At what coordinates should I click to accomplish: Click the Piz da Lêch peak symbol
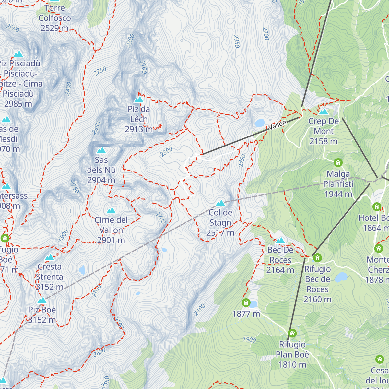[x=139, y=100]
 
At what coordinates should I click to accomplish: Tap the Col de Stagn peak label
[x=220, y=222]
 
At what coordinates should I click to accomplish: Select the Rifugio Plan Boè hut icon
[x=292, y=333]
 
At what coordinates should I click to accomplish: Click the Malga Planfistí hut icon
[x=338, y=162]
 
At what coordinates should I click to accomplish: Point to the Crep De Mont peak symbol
[x=324, y=112]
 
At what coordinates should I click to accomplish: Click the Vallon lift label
[x=277, y=125]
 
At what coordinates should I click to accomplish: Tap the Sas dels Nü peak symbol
[x=101, y=150]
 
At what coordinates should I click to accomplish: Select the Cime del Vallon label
[x=111, y=230]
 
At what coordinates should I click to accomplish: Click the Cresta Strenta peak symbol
[x=50, y=257]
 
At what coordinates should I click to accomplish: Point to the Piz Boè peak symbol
[x=42, y=301]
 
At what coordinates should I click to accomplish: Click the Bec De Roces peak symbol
[x=280, y=241]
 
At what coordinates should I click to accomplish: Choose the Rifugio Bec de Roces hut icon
[x=317, y=258]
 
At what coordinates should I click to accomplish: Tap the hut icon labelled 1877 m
[x=246, y=303]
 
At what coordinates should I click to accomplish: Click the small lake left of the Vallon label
[x=260, y=123]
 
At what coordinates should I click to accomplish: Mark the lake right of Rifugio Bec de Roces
[x=341, y=277]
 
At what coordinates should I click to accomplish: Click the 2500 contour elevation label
[x=166, y=152]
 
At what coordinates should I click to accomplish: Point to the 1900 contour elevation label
[x=249, y=339]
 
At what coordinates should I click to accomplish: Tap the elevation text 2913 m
[x=139, y=129]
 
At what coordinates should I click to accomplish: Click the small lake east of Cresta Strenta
[x=82, y=270]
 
